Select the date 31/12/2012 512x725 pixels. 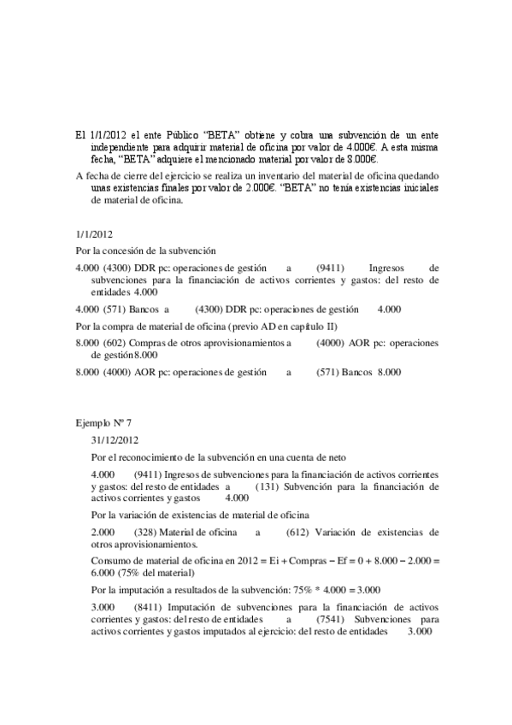click(x=113, y=441)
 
